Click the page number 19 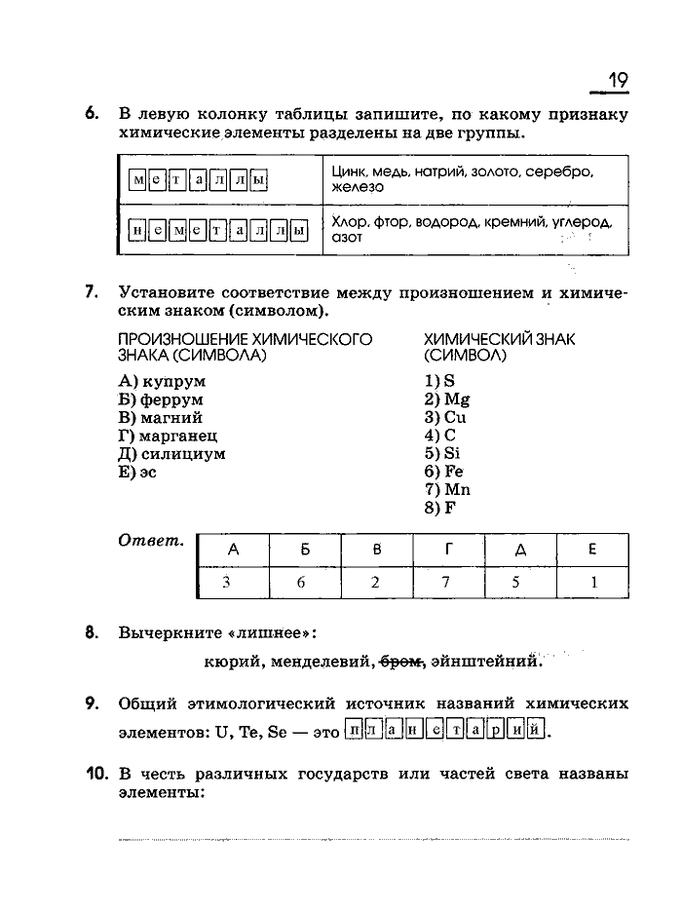(618, 79)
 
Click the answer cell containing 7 (447, 584)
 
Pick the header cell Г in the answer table (447, 550)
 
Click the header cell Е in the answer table (591, 550)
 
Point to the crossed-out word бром (400, 664)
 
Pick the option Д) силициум (171, 454)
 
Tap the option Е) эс (136, 473)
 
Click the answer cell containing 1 (591, 584)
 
